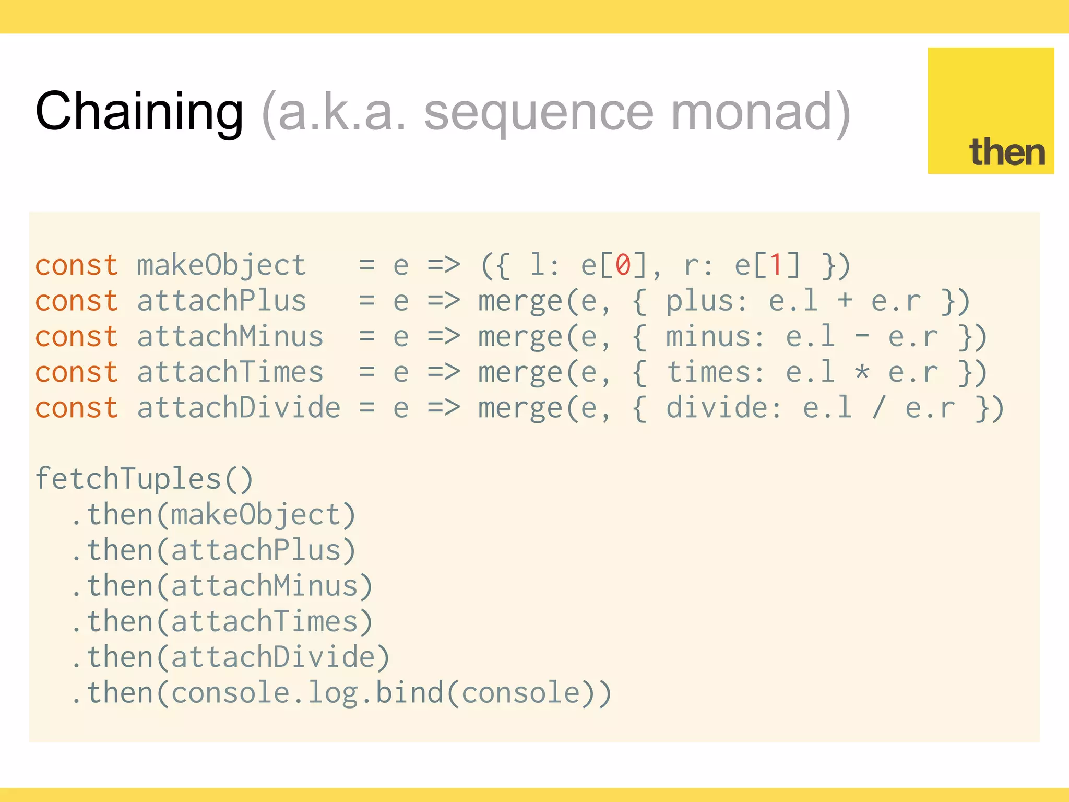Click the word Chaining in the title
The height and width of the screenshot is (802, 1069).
tap(139, 111)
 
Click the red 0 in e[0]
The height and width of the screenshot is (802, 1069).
tap(623, 265)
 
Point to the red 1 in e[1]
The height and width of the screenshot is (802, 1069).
tap(777, 265)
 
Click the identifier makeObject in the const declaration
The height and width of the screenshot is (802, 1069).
tap(221, 265)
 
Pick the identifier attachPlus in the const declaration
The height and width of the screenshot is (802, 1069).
tap(221, 301)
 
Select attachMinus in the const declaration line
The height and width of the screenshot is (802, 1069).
tap(230, 336)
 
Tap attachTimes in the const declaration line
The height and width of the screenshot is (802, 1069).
tap(230, 372)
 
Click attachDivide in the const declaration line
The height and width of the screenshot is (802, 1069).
tap(239, 408)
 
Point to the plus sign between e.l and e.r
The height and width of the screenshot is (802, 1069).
tap(845, 301)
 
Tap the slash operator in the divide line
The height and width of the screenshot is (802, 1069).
tap(879, 408)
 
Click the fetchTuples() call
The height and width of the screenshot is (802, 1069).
tap(144, 479)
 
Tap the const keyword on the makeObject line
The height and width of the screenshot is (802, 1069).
tap(77, 265)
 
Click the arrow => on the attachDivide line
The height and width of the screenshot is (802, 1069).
tap(444, 408)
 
